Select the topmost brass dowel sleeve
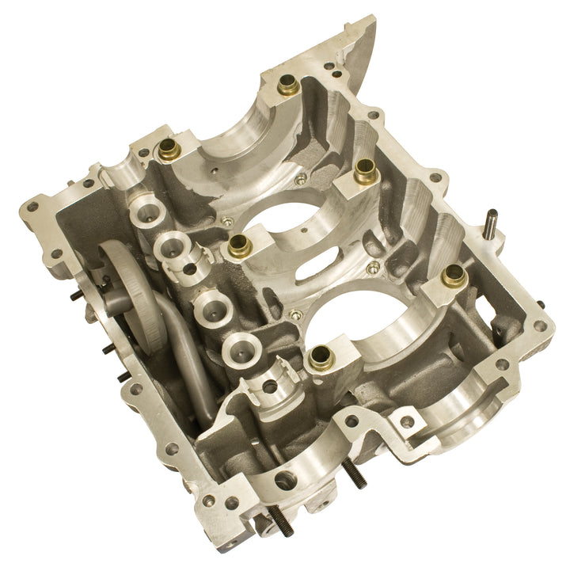(x=288, y=85)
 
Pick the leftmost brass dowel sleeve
(x=169, y=148)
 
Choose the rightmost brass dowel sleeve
(x=454, y=275)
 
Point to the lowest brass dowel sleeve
(x=321, y=357)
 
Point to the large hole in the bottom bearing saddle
(x=285, y=480)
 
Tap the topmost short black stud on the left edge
(x=75, y=296)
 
